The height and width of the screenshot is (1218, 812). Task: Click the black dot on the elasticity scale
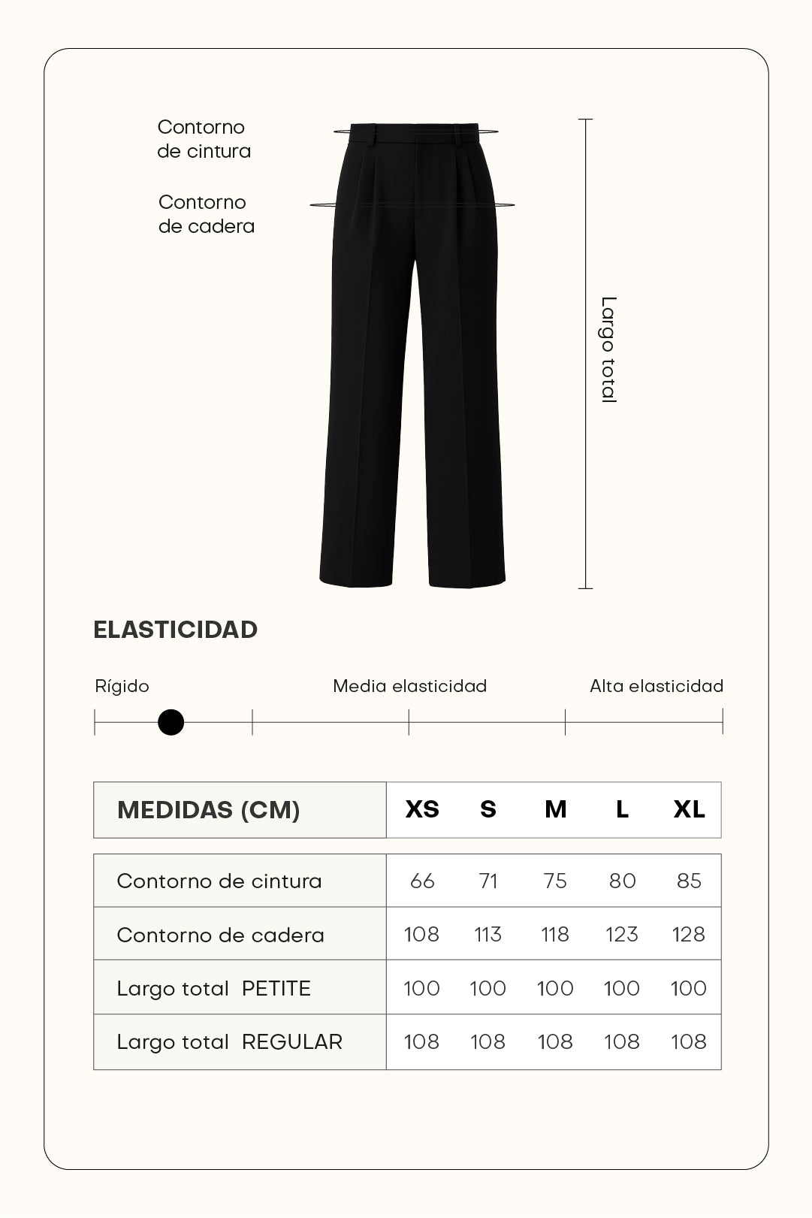click(171, 723)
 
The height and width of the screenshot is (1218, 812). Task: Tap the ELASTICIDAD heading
click(175, 630)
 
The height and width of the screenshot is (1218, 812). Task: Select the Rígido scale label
click(122, 686)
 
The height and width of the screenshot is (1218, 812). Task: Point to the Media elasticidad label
click(409, 686)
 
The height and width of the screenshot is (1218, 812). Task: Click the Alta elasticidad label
click(656, 686)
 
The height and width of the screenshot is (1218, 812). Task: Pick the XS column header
click(422, 809)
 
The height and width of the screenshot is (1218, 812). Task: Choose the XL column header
click(689, 809)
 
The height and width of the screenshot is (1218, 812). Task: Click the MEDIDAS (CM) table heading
click(208, 810)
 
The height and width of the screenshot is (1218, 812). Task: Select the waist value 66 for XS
click(422, 881)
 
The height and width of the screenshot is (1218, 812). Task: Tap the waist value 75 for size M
click(555, 881)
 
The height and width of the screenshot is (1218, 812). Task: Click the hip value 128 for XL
click(689, 934)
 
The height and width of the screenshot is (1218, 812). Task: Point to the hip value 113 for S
click(488, 934)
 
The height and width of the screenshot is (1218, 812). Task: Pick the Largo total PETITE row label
click(213, 988)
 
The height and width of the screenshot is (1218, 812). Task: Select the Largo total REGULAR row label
click(229, 1042)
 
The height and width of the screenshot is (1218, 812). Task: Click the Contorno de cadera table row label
click(220, 935)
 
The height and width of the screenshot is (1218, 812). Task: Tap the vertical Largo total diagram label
click(608, 350)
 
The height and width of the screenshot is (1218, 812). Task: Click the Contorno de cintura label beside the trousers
click(204, 139)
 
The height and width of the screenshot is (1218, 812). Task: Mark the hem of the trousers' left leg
click(356, 580)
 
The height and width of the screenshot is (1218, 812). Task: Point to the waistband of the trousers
click(415, 134)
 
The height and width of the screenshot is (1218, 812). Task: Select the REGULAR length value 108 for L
click(622, 1042)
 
